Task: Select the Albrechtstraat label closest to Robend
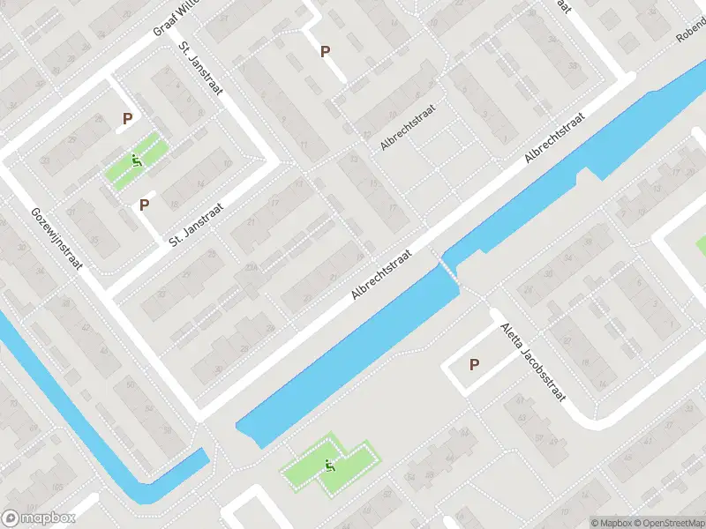click(555, 137)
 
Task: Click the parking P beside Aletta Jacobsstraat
click(474, 364)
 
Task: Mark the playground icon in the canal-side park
click(331, 466)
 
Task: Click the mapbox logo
click(37, 518)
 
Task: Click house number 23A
click(251, 267)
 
